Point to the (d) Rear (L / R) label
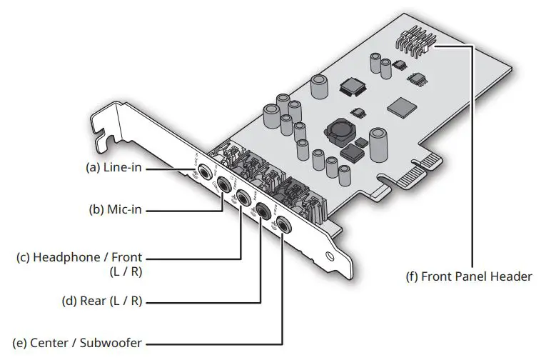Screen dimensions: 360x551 [102, 302]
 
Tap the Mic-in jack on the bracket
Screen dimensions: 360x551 [224, 184]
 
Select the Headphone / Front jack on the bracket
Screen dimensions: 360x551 [243, 196]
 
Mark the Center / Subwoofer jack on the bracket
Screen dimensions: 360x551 [284, 224]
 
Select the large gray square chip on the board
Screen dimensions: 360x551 [400, 106]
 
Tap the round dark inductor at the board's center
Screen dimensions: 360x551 [338, 131]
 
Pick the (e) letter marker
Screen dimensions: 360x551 [21, 343]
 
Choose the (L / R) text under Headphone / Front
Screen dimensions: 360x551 [128, 271]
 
